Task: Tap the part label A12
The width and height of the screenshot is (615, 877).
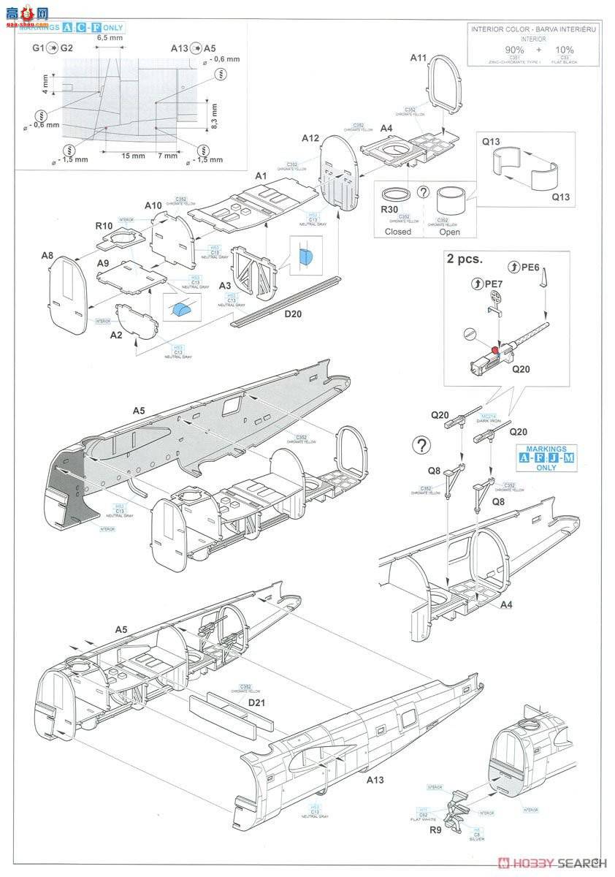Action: point(310,137)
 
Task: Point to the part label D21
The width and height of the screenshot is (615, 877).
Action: point(257,702)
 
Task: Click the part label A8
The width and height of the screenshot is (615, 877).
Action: point(47,255)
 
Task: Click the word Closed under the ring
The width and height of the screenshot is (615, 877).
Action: point(398,232)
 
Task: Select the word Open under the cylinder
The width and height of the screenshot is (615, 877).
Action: point(449,232)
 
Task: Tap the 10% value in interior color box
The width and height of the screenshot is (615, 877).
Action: point(565,49)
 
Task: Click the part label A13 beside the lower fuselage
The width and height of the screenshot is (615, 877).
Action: point(375,780)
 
